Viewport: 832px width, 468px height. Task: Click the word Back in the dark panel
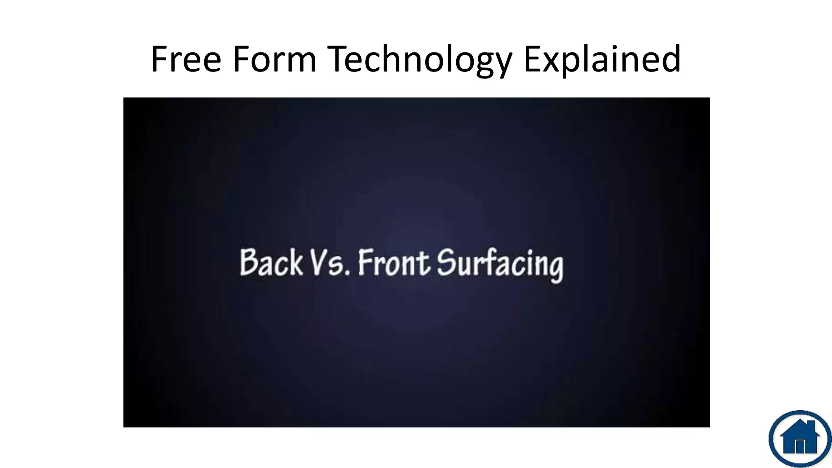[271, 263]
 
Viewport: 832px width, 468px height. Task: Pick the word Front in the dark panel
[393, 263]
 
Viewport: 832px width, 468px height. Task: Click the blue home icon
[799, 438]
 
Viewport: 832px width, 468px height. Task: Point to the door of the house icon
[800, 446]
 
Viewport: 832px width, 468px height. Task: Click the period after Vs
[347, 273]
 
